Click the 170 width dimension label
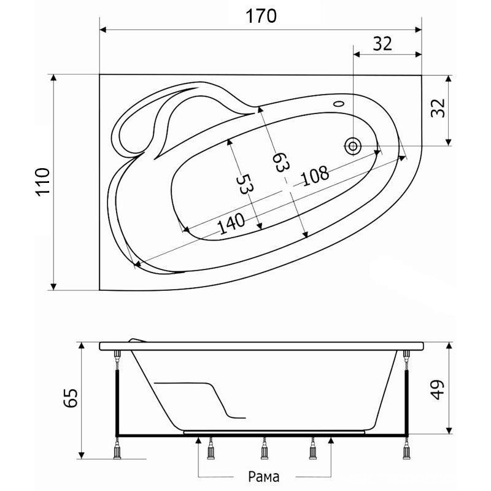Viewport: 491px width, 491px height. pos(261,17)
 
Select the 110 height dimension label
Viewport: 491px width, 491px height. pos(43,182)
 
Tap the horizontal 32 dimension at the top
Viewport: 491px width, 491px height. pos(382,44)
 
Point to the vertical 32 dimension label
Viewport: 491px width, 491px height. pos(438,108)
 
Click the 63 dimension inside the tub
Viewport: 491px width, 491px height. pos(280,162)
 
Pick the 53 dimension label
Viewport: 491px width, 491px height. pos(244,184)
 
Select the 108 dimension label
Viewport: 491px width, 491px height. pos(315,176)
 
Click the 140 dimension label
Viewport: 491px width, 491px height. pos(231,224)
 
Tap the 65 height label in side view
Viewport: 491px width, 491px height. pos(71,398)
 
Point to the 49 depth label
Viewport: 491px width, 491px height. pos(438,390)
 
